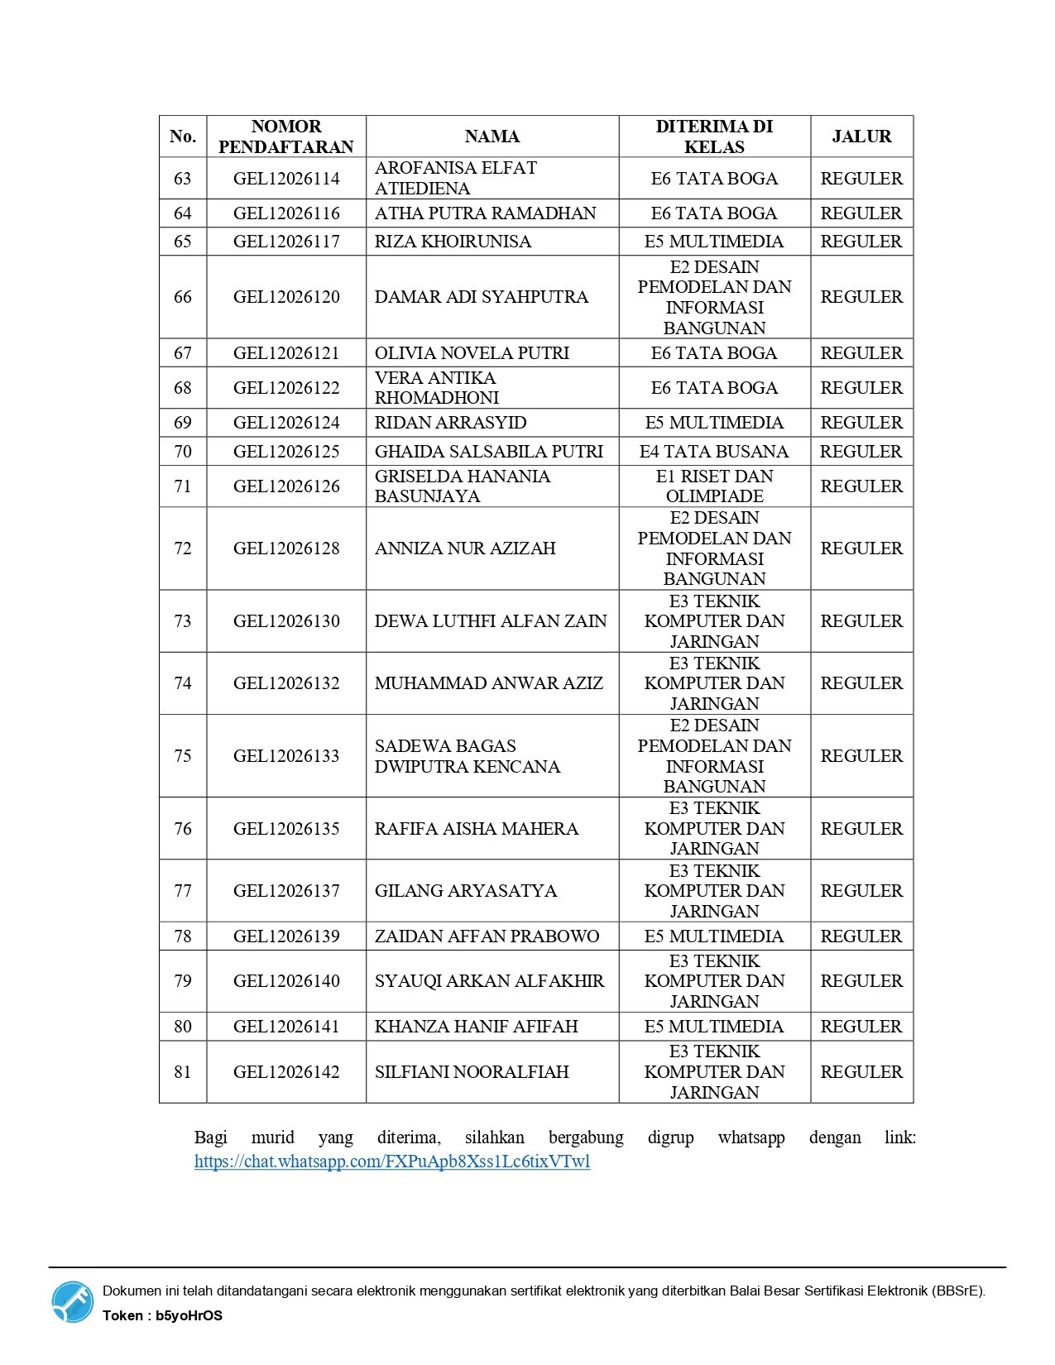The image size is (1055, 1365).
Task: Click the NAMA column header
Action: [492, 136]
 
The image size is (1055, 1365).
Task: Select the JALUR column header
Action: [861, 136]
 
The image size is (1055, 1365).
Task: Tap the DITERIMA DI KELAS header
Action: [714, 136]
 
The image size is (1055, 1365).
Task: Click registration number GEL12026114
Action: [286, 179]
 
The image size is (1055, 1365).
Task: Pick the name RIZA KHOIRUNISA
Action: [453, 242]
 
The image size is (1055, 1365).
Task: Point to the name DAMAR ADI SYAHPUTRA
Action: [481, 297]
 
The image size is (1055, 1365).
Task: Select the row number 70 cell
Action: [183, 452]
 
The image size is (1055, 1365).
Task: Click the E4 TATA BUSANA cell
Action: [714, 452]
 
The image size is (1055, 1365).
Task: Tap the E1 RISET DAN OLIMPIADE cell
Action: [714, 486]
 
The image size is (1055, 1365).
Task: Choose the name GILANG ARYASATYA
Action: [466, 891]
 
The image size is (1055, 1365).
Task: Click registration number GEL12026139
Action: [286, 936]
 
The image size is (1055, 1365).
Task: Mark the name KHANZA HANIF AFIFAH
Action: [476, 1027]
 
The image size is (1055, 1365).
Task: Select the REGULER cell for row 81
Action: [861, 1072]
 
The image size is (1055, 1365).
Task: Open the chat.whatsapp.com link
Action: [392, 1161]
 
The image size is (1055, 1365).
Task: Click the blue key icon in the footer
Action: [73, 1302]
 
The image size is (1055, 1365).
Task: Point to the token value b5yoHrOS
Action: [189, 1316]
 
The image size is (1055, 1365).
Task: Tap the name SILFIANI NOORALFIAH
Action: [472, 1072]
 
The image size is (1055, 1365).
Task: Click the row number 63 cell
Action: [183, 179]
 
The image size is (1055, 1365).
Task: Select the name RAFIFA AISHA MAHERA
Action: [476, 829]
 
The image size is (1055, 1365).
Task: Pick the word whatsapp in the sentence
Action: [751, 1137]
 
